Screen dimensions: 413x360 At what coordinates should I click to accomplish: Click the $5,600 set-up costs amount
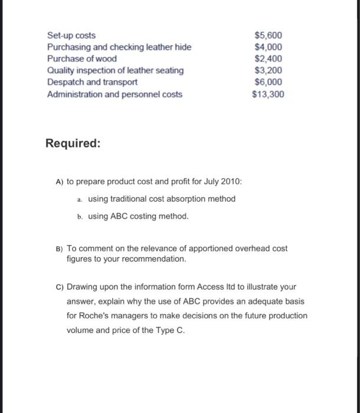269,35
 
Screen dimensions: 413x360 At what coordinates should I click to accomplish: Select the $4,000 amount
269,47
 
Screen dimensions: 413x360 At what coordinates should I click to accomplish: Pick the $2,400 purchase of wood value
269,59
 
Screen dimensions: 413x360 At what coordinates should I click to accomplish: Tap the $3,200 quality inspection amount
269,71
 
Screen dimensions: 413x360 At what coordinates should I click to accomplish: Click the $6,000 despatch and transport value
269,83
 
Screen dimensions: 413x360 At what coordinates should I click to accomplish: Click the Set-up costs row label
71,35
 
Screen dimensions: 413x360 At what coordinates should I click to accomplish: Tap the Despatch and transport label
92,83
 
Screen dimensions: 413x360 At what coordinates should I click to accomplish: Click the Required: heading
73,143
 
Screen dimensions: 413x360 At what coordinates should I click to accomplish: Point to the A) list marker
53,181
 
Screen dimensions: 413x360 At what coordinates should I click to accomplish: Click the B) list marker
53,248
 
